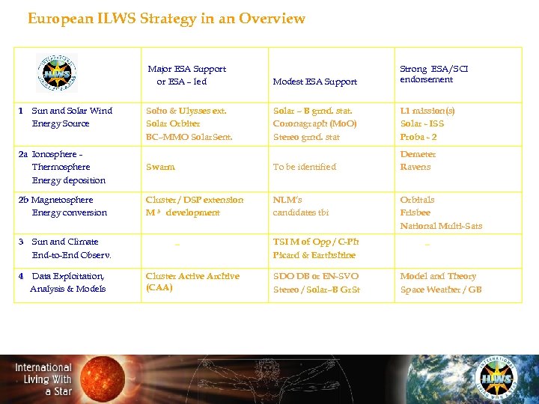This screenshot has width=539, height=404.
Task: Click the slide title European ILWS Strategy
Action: pos(166,19)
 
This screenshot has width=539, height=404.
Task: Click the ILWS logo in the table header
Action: pos(57,73)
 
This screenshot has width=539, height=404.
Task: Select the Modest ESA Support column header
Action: pos(315,82)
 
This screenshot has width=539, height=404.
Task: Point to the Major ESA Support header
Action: pos(186,75)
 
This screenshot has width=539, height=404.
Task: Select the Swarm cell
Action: pos(160,167)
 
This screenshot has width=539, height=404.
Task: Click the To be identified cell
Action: pos(305,167)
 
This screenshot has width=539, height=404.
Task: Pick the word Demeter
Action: pos(418,154)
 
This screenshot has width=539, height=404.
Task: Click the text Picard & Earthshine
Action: pos(314,255)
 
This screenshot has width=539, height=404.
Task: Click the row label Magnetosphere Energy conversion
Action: pos(63,206)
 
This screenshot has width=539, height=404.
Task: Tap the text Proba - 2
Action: pos(418,137)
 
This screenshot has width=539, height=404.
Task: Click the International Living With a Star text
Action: pos(43,379)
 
